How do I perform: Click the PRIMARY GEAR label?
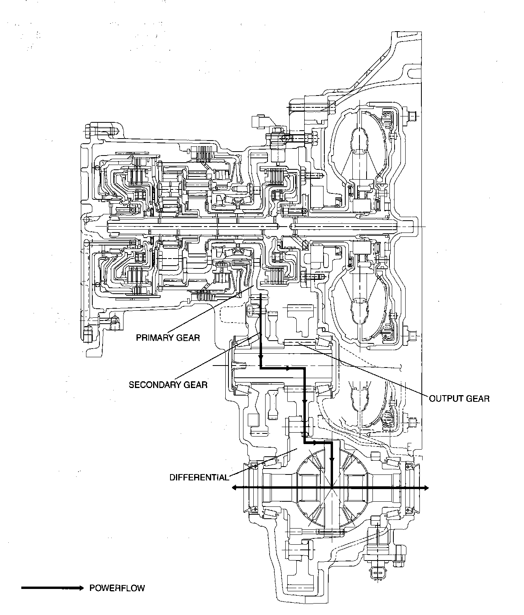point(168,338)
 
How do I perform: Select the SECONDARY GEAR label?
point(168,385)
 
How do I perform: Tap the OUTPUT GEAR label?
point(459,399)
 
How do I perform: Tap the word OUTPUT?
point(446,399)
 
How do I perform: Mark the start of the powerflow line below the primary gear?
point(260,294)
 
